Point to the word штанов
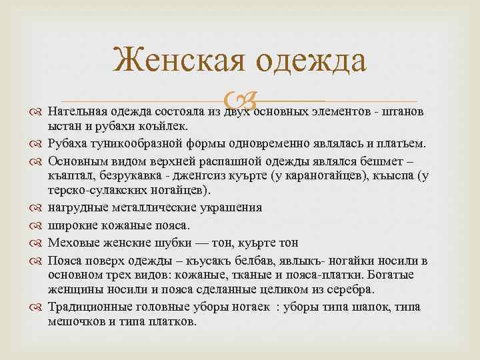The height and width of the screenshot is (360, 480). click(403, 111)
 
